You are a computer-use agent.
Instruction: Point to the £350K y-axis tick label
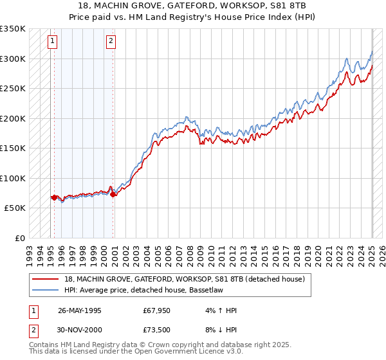pos(13,29)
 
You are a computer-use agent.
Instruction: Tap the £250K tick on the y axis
pos(13,89)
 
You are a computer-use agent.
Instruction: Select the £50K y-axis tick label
pos(15,208)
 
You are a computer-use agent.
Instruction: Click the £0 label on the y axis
pos(21,238)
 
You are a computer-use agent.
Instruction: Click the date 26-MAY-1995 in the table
pos(80,311)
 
